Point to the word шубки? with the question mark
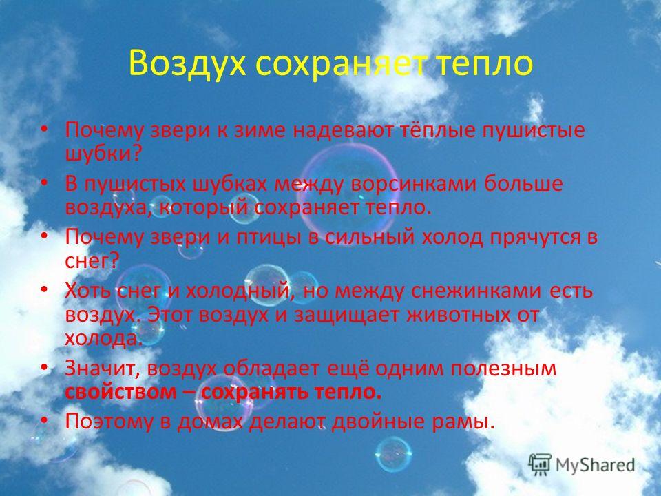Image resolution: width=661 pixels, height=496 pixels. [x=103, y=154]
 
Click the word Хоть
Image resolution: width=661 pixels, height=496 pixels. [x=87, y=291]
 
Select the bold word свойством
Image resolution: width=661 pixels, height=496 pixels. [x=121, y=393]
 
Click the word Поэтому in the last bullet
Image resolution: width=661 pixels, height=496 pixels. [x=109, y=422]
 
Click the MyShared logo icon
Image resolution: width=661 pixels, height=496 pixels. [x=540, y=465]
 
